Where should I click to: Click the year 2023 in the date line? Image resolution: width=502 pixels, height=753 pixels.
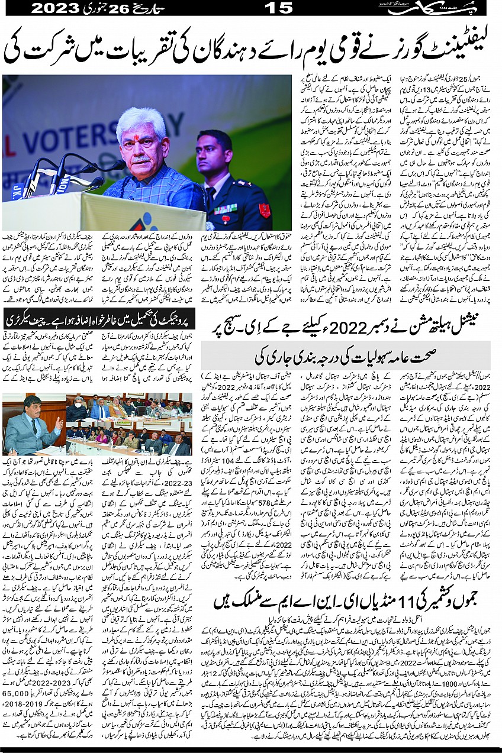click(x=56, y=8)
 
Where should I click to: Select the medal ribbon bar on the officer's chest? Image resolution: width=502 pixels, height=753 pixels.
click(x=225, y=209)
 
